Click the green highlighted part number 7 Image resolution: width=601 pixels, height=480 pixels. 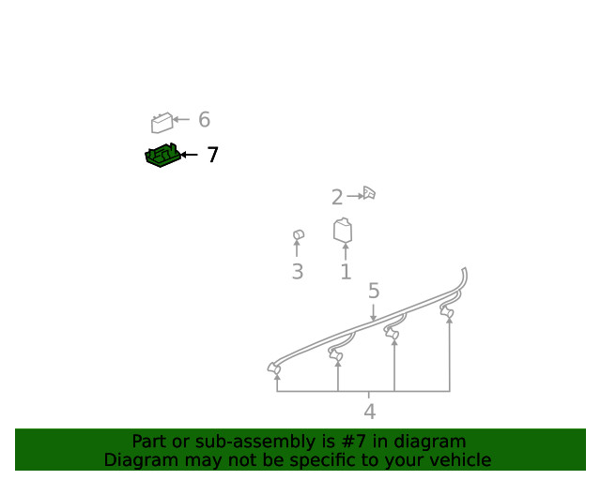pos(162,155)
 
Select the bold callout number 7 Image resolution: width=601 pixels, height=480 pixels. pos(213,155)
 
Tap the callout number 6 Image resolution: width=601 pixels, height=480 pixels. pos(205,119)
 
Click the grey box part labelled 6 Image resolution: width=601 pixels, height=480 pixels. pos(162,123)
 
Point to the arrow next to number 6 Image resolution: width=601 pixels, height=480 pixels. pos(181,119)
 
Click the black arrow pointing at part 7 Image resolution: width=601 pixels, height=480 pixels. pos(189,155)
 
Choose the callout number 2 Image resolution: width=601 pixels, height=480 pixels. pos(337,198)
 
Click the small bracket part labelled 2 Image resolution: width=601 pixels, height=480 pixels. pos(369,193)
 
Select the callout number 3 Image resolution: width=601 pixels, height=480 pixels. pos(298,272)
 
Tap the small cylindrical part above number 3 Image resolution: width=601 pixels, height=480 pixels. pos(299,234)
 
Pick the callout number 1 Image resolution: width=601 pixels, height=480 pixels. pos(346,272)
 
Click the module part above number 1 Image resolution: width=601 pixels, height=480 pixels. pos(343,230)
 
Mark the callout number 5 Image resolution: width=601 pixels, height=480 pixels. pos(374,291)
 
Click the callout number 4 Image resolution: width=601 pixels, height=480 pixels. pos(369,412)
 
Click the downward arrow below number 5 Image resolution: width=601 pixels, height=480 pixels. pos(374,312)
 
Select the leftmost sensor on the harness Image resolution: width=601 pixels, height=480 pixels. pos(273,368)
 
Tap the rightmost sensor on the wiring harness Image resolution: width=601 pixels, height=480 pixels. pos(447,312)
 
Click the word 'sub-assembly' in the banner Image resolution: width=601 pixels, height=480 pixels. pos(265,442)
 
